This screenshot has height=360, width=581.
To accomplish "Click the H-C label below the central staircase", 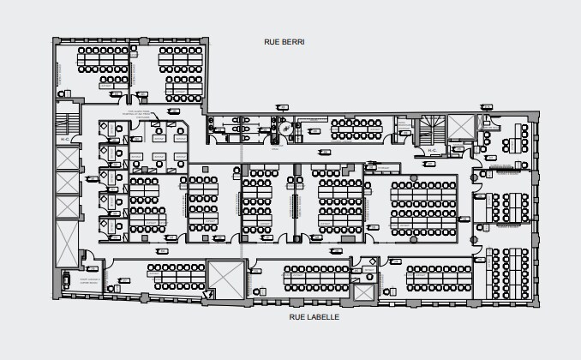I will (432, 151).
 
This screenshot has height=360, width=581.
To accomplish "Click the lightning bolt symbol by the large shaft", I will (207, 293).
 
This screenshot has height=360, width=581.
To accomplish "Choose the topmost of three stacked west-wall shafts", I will (64, 159).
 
